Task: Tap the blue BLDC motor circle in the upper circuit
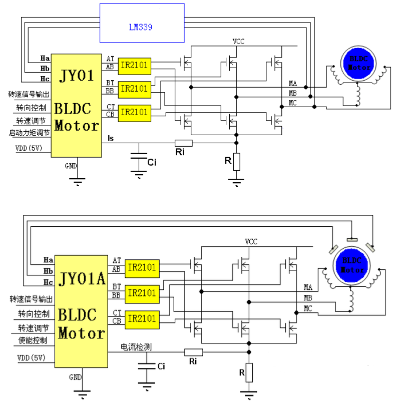pyautogui.click(x=358, y=63)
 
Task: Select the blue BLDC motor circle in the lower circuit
pyautogui.click(x=351, y=265)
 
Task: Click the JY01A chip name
pyautogui.click(x=82, y=279)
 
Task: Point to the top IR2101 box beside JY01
pyautogui.click(x=135, y=66)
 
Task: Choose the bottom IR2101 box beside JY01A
pyautogui.click(x=142, y=320)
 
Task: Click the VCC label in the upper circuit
pyautogui.click(x=238, y=42)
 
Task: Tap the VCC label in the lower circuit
pyautogui.click(x=251, y=242)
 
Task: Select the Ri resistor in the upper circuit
pyautogui.click(x=183, y=143)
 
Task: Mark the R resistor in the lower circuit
pyautogui.click(x=249, y=372)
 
